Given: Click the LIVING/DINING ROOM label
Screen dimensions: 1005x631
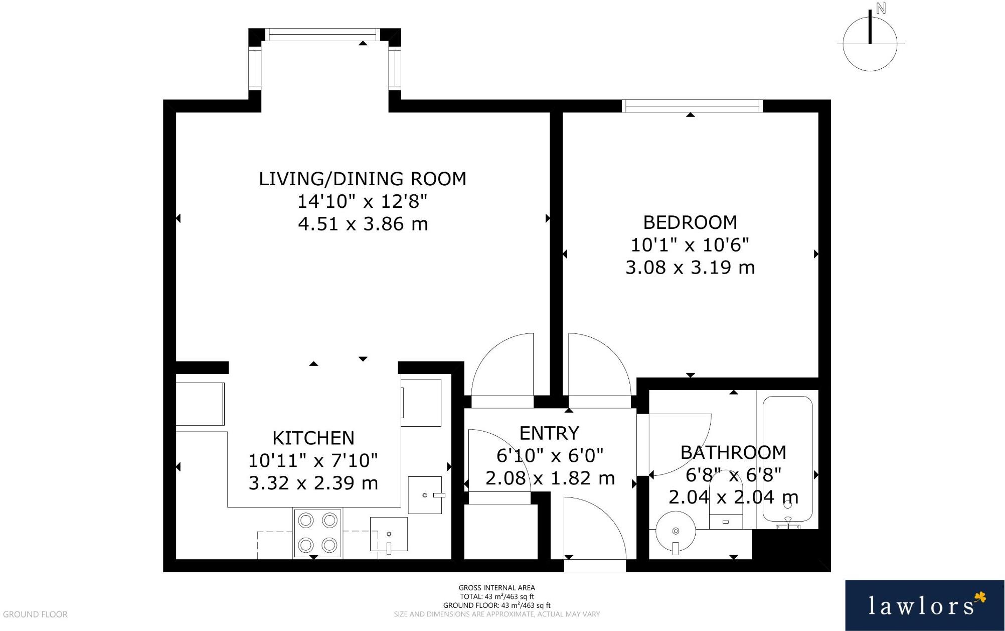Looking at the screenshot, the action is [x=363, y=179].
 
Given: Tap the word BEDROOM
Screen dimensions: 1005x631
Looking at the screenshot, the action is [x=690, y=222].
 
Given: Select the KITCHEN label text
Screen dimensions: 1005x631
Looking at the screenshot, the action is [x=313, y=438].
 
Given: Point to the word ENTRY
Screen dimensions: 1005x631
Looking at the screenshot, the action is [x=549, y=433].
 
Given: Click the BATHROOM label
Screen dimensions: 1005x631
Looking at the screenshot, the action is [x=733, y=452].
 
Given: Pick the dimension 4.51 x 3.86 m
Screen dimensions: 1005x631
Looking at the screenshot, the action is [x=363, y=224].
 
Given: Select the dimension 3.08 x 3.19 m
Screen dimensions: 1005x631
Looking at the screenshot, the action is [x=690, y=267].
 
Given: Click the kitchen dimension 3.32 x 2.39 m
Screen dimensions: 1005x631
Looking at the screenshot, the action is [x=313, y=483].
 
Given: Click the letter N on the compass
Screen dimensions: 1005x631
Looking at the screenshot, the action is [x=881, y=9].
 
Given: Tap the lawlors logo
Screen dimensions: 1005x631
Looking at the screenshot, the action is [x=925, y=605].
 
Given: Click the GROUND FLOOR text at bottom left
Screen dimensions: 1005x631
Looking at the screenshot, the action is [x=35, y=614].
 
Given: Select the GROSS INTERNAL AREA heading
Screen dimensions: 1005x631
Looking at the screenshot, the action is [x=496, y=588].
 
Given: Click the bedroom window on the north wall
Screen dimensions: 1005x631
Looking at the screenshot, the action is [x=692, y=106].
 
